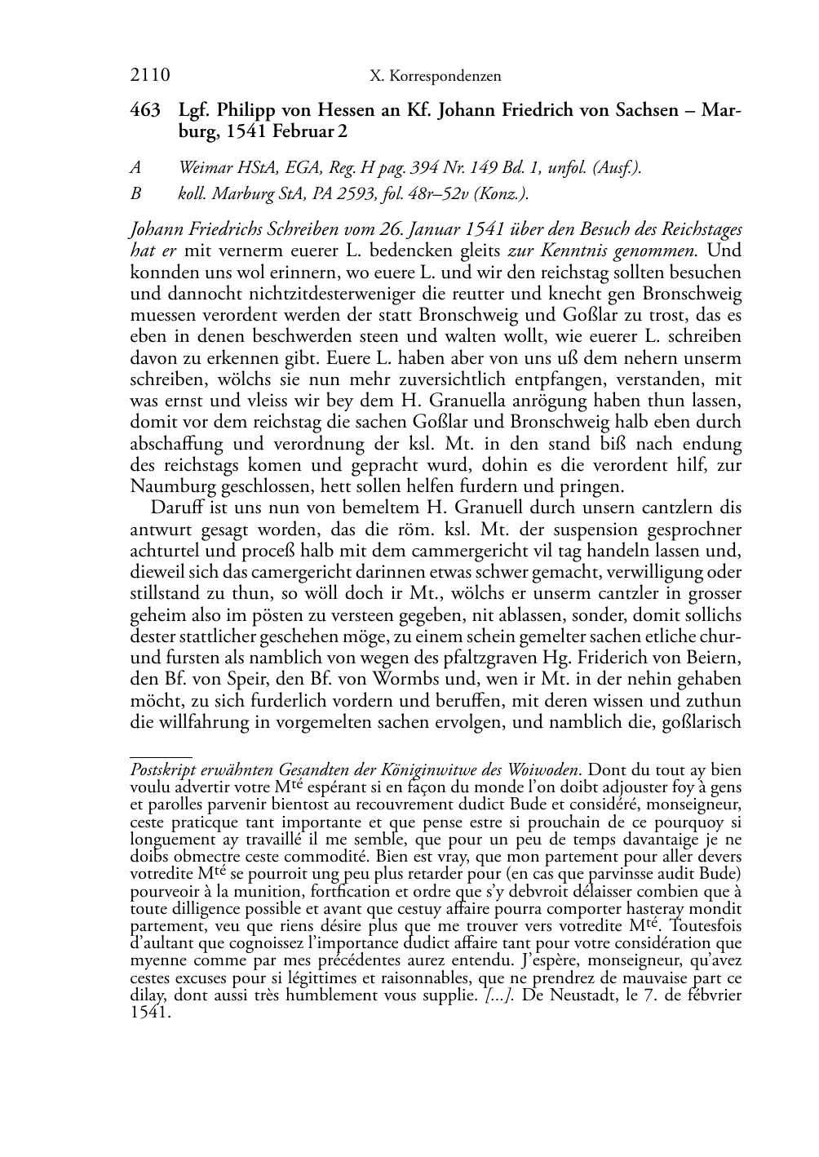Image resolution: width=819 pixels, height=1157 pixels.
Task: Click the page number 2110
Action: tap(150, 76)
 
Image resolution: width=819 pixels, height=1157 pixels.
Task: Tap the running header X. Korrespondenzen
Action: tap(435, 77)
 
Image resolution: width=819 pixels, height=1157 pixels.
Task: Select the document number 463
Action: tap(145, 110)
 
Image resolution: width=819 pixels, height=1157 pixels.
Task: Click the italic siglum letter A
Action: tap(135, 168)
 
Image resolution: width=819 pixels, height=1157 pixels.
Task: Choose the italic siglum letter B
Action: tap(135, 194)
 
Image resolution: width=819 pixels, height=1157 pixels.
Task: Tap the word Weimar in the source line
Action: tap(204, 168)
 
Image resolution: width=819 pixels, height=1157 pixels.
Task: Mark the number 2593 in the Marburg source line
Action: tap(381, 194)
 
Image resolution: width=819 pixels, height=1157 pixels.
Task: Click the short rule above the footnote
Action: tap(161, 757)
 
